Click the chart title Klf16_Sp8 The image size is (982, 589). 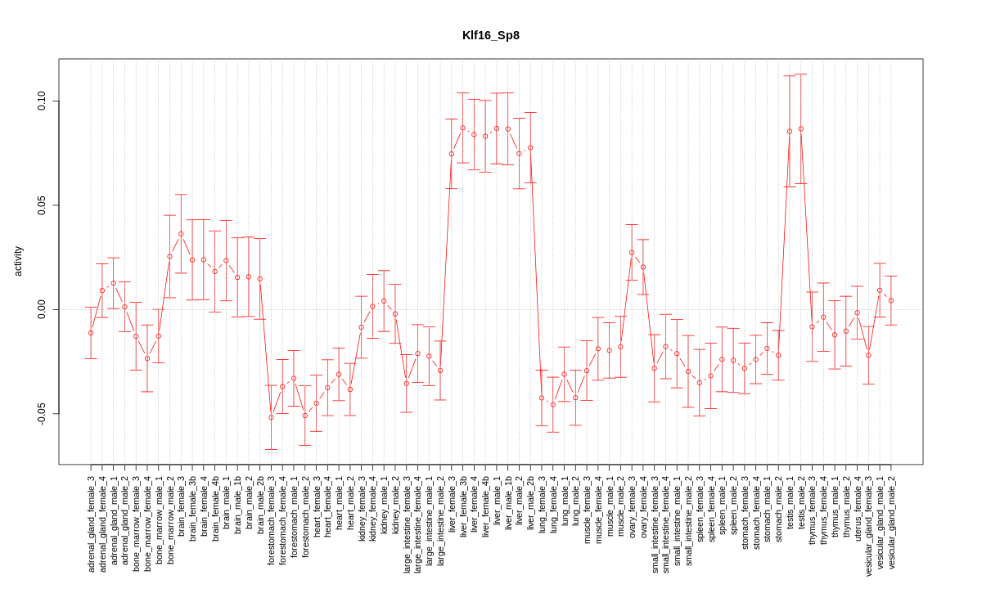[x=491, y=35]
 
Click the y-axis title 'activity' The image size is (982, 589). [x=18, y=261]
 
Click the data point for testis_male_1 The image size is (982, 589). [x=790, y=131]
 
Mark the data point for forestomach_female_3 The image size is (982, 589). [x=272, y=417]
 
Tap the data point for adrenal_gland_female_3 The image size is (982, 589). [x=91, y=332]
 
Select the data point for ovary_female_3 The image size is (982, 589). [x=632, y=252]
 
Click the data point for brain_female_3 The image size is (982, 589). [x=181, y=234]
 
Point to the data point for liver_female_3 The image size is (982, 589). [x=452, y=154]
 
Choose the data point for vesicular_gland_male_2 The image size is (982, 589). [x=891, y=300]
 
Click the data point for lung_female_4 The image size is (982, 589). [x=553, y=404]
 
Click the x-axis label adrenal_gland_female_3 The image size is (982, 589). [x=91, y=524]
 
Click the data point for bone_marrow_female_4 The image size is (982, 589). [x=147, y=358]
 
